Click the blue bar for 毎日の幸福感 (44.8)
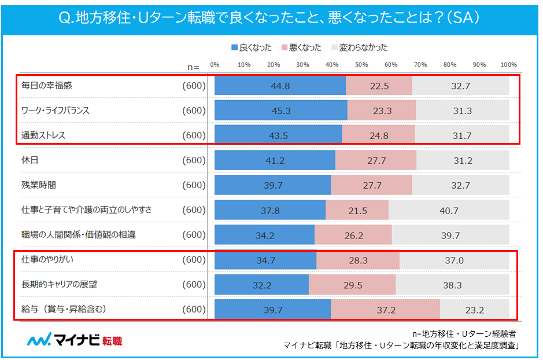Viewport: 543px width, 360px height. (280, 86)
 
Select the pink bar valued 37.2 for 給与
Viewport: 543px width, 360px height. (385, 310)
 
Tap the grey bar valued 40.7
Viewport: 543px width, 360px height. (449, 210)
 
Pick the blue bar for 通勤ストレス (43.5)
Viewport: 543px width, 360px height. (278, 135)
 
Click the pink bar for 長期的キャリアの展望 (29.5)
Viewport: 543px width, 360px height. (352, 285)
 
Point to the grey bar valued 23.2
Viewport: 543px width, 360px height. (474, 310)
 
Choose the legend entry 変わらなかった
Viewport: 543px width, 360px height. (359, 47)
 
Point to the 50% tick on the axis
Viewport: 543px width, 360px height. (361, 64)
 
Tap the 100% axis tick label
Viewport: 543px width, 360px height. (508, 64)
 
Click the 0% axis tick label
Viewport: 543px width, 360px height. (215, 64)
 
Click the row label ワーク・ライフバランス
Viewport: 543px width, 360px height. (56, 111)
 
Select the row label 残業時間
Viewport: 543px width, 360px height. (38, 185)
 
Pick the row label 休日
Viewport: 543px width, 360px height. (29, 160)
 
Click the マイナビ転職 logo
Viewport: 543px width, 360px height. (75, 340)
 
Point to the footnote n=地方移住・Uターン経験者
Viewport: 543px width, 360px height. (464, 334)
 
